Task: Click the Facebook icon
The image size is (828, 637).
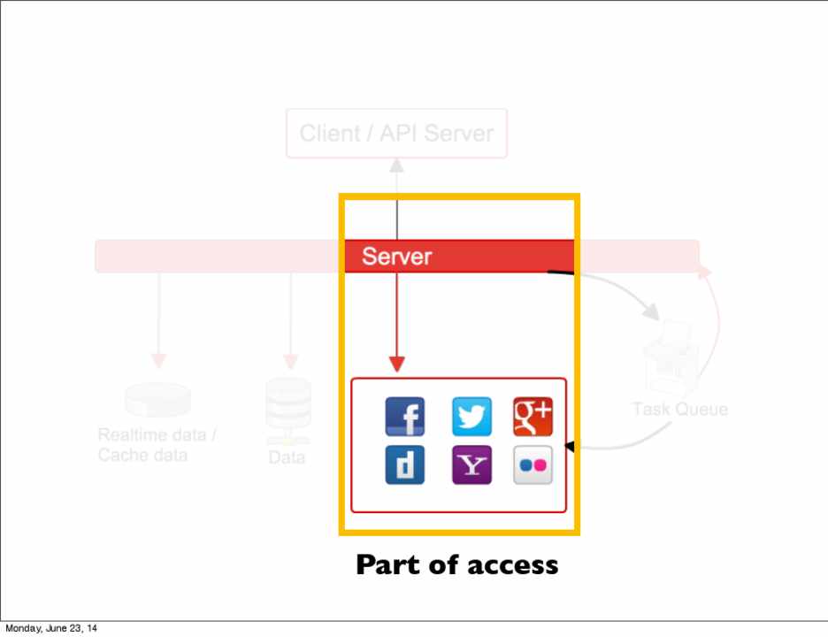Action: click(x=404, y=417)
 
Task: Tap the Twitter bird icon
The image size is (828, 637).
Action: click(x=471, y=417)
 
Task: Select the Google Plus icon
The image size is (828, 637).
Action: click(x=533, y=417)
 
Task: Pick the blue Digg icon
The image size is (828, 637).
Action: click(x=404, y=465)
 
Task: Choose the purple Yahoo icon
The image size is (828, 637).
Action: click(x=471, y=465)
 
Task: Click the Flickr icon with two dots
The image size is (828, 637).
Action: click(x=533, y=465)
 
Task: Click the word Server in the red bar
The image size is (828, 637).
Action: click(x=396, y=257)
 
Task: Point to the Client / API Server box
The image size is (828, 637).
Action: click(x=396, y=134)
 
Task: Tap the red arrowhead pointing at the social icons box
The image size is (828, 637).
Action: click(x=397, y=364)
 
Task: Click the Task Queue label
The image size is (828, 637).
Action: click(x=679, y=410)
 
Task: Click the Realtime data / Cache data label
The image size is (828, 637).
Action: click(x=157, y=445)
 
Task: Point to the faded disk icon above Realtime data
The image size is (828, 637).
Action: click(x=157, y=399)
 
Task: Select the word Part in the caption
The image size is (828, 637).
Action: click(x=387, y=565)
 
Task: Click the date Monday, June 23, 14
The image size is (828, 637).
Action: click(x=51, y=629)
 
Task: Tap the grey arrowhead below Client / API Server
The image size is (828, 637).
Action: click(x=397, y=165)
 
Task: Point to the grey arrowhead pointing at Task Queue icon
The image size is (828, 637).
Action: click(x=651, y=312)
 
